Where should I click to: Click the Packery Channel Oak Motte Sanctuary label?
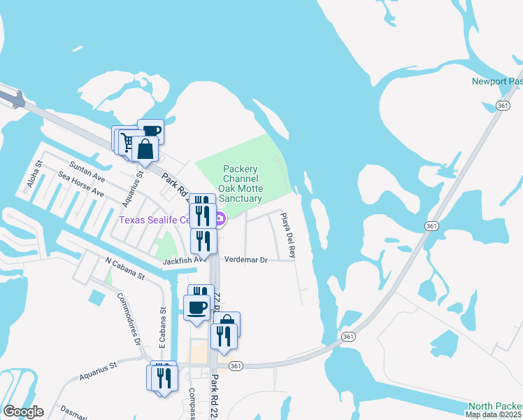241,183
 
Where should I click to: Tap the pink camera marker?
220,220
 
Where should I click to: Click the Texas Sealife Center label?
154,220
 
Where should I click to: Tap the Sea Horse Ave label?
81,184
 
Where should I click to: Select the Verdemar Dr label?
254,260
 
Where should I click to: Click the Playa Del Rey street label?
288,235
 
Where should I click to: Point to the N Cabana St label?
124,269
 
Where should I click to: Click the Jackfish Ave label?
185,260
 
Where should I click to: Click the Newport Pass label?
496,81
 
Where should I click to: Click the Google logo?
23,412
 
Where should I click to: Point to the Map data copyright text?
494,414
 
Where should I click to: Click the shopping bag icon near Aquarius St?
145,149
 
